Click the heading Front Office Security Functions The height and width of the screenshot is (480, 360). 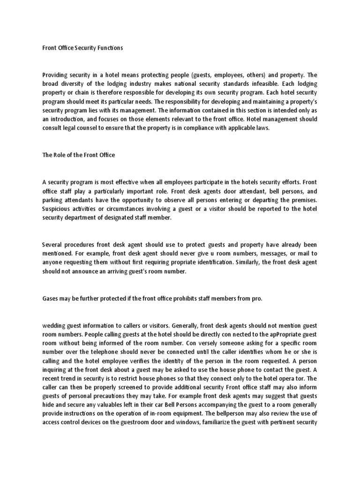82,48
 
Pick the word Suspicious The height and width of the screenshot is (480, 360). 60,199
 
